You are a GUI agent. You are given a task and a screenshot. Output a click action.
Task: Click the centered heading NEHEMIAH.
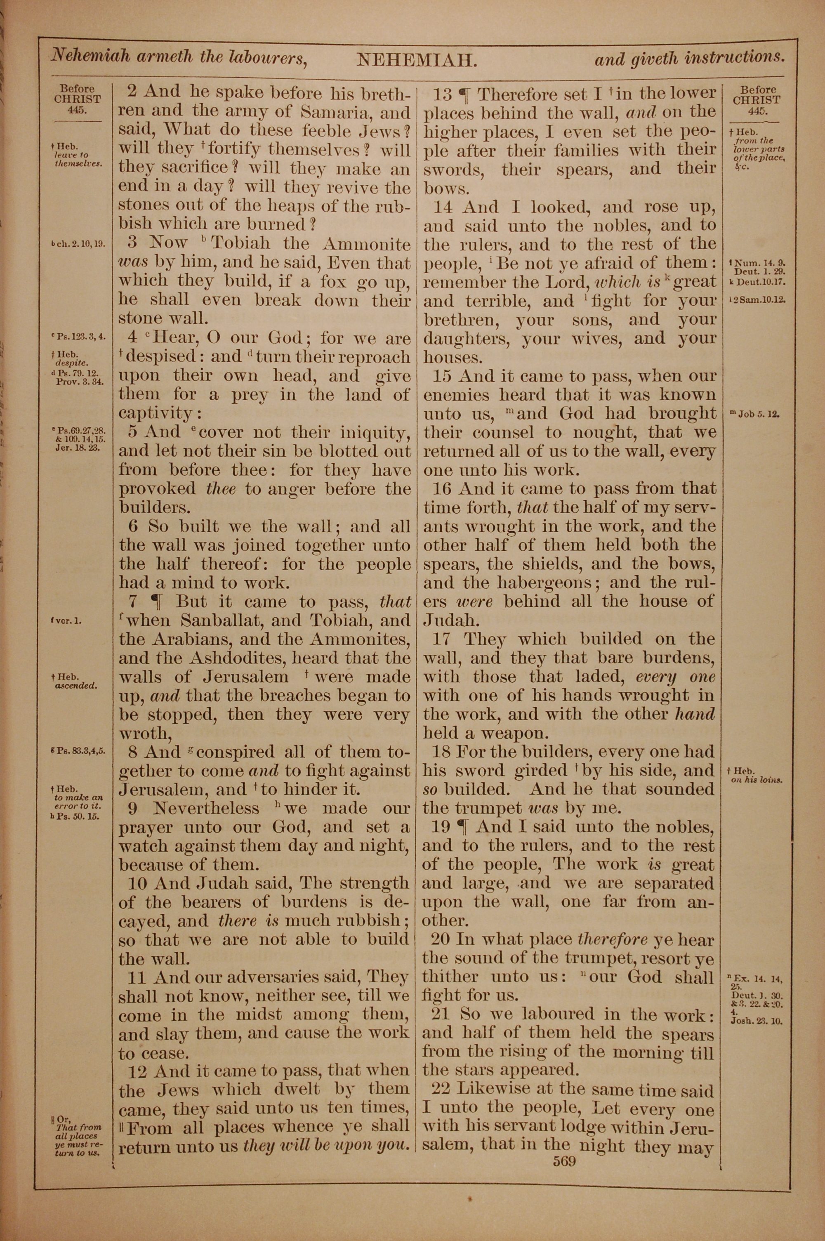tap(417, 61)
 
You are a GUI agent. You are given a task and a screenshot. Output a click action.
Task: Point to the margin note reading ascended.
tap(76, 686)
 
